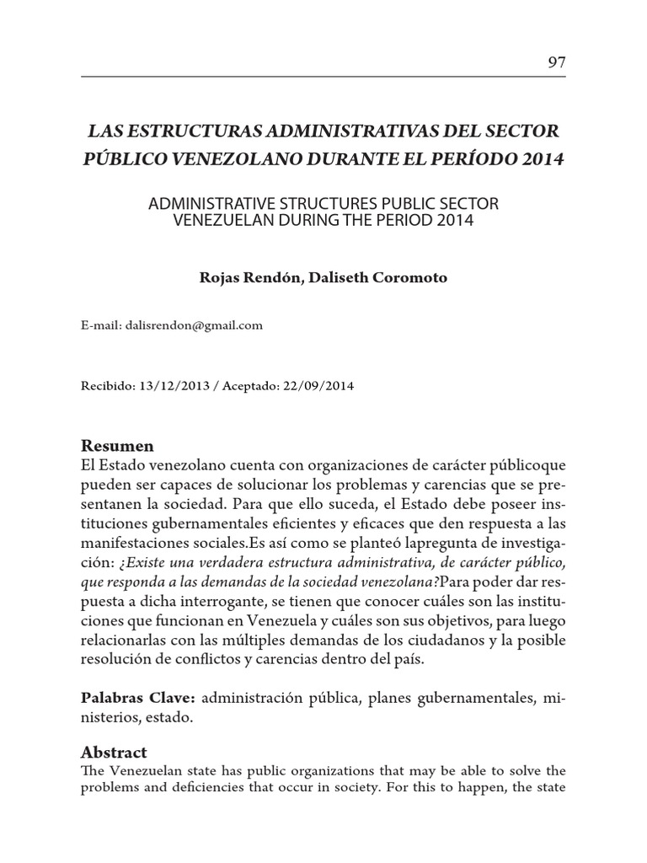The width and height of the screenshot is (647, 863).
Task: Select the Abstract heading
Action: (114, 752)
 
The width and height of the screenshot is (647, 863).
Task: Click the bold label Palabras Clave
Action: (138, 699)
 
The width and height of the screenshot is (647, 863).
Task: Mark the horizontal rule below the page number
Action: (323, 78)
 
